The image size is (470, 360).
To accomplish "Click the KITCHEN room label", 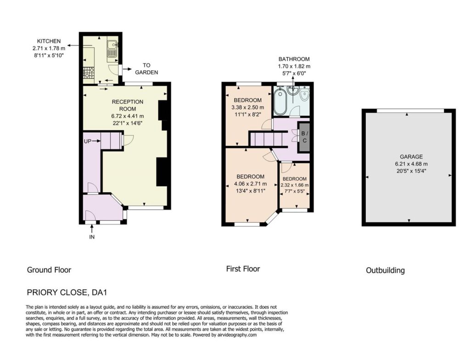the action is [x=49, y=41].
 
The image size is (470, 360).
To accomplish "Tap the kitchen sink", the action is [x=112, y=48].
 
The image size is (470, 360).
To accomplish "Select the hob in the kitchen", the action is [x=89, y=72].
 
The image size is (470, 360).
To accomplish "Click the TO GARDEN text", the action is [x=146, y=69].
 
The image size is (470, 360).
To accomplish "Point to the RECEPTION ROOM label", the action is [x=128, y=105].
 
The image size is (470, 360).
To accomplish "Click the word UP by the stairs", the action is [x=88, y=141].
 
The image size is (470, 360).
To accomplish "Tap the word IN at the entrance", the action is [x=92, y=237].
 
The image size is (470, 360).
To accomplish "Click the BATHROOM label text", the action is [x=294, y=59].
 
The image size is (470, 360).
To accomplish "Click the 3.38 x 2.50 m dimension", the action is [x=248, y=107].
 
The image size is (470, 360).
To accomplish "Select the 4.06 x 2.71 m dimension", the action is [x=250, y=184].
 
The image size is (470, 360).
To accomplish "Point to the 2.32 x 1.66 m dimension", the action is [x=295, y=185].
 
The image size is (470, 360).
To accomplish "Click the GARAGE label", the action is [x=411, y=157].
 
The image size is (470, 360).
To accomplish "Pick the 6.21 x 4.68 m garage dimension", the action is [x=411, y=164].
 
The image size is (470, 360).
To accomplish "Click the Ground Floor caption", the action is [x=49, y=270].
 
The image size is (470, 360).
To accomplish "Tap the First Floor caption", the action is [x=243, y=269].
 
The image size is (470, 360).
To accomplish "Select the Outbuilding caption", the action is [x=386, y=270].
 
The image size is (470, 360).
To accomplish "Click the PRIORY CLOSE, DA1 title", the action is [x=67, y=292].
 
